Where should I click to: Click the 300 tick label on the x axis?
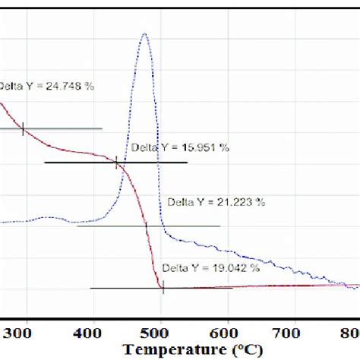26,331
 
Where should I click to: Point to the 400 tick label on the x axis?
92,331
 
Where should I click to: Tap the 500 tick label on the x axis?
159,331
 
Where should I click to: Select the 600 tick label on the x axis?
226,331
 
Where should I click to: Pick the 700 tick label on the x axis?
292,331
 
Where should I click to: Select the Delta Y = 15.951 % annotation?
180,148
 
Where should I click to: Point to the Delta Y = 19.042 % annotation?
211,268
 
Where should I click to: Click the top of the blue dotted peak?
144,35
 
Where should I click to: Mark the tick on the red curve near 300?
23,129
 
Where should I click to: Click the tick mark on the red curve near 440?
116,163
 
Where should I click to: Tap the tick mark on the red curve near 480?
147,226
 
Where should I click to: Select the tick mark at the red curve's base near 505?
163,287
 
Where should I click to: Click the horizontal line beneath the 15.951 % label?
76,163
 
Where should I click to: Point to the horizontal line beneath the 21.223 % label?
190,226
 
